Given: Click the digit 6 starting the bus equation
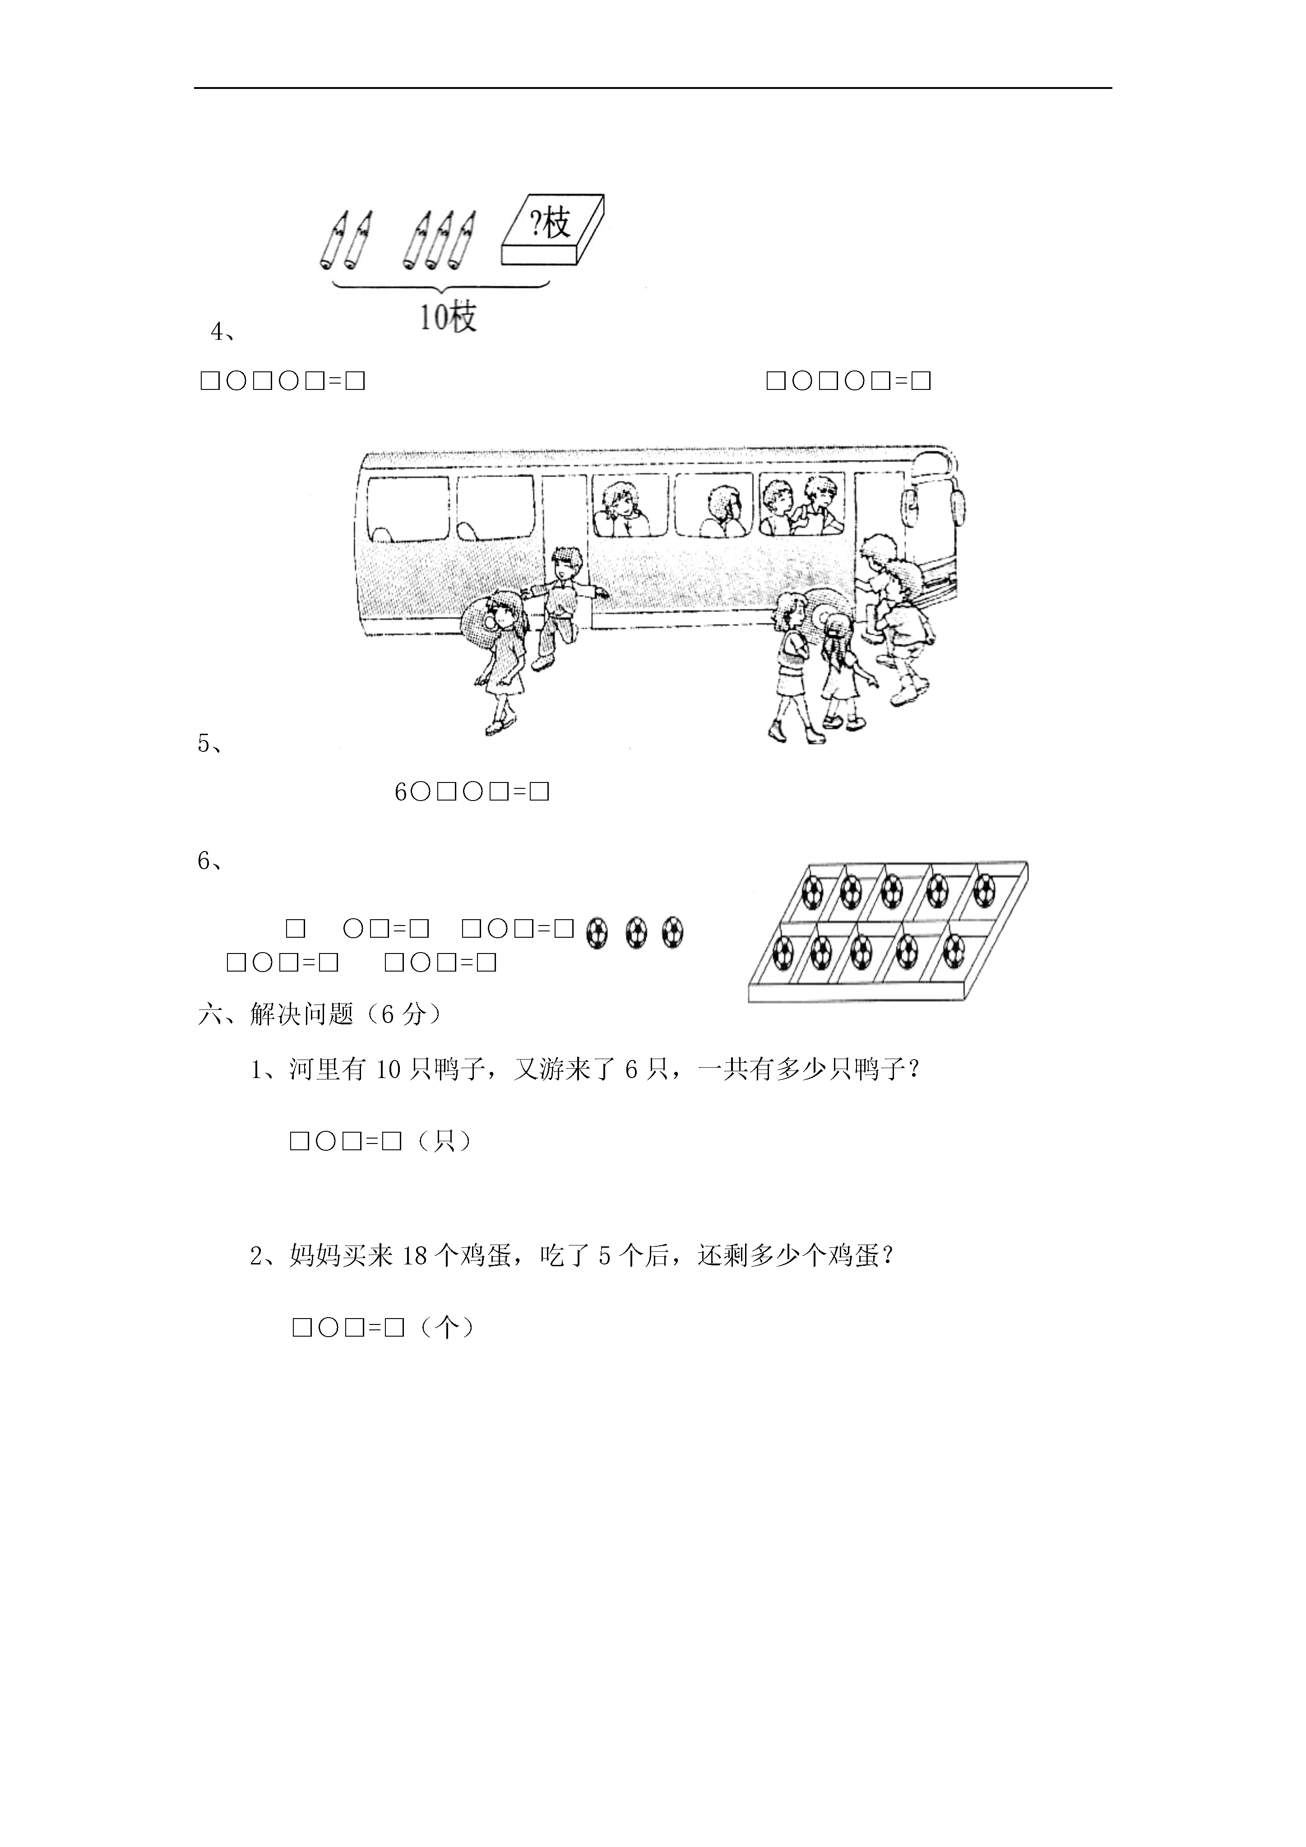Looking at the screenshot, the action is [401, 792].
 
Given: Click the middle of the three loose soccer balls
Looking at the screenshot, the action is [636, 933].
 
